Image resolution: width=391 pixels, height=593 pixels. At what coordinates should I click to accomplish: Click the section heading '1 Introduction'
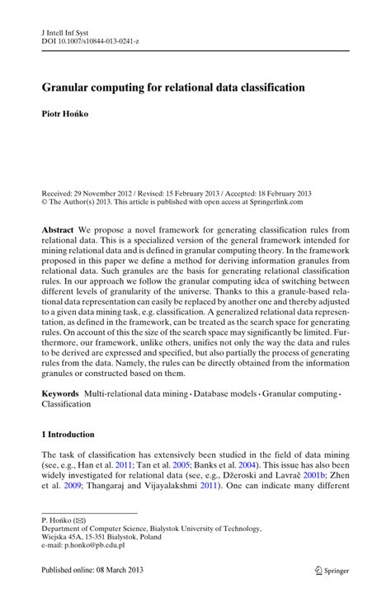(x=68, y=434)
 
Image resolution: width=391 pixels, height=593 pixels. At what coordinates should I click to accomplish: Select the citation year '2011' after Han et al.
(x=124, y=466)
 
